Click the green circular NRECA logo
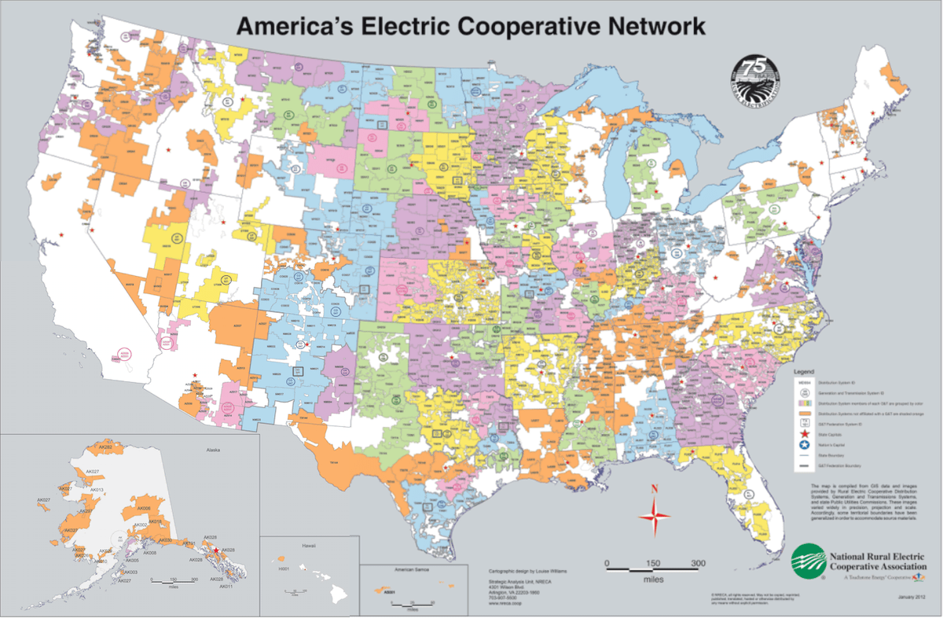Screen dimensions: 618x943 pos(809,561)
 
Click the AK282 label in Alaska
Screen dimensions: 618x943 pos(103,447)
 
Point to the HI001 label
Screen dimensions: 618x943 pos(284,568)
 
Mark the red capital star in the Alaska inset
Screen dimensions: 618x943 pos(217,550)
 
